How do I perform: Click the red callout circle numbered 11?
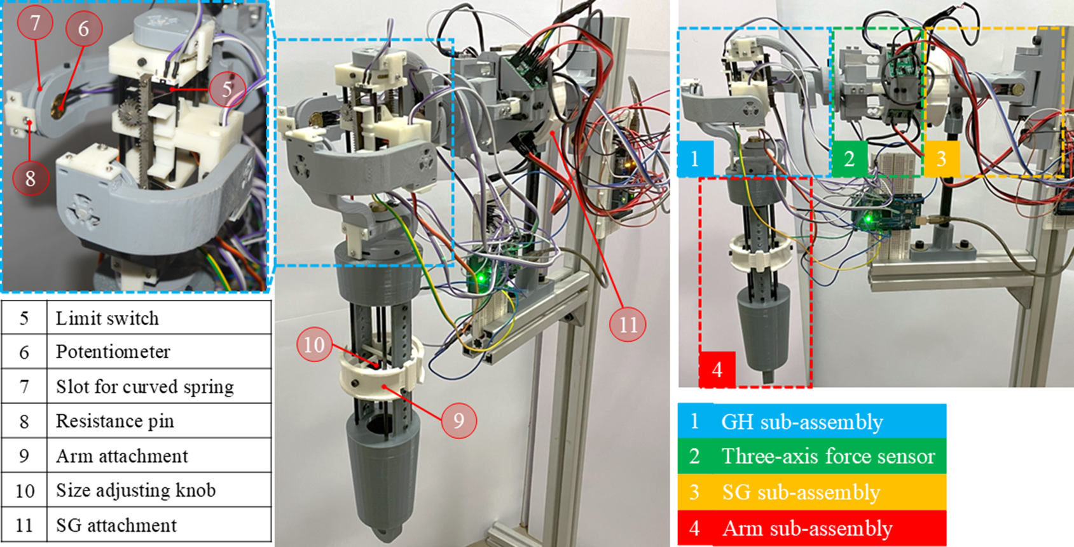pos(628,324)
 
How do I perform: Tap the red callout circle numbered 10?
pos(314,344)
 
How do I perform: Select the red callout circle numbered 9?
pos(459,420)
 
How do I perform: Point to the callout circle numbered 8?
pos(31,178)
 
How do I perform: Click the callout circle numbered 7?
pos(35,22)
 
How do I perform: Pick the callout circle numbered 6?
pos(83,28)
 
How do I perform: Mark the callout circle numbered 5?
pos(227,89)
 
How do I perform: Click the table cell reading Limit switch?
pos(159,318)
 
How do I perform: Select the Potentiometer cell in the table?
pos(159,351)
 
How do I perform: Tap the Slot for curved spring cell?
pos(159,386)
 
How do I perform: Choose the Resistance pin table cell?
pos(159,421)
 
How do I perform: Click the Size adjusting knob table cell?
pos(159,490)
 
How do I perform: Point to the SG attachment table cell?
pos(159,525)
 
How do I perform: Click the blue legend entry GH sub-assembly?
pos(812,421)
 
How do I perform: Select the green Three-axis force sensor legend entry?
pos(812,456)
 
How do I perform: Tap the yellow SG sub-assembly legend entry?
pos(812,492)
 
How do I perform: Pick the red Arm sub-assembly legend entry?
pos(812,528)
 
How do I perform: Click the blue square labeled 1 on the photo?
pos(695,159)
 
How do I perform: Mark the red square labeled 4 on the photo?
pos(717,369)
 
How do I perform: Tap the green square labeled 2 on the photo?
pos(850,159)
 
